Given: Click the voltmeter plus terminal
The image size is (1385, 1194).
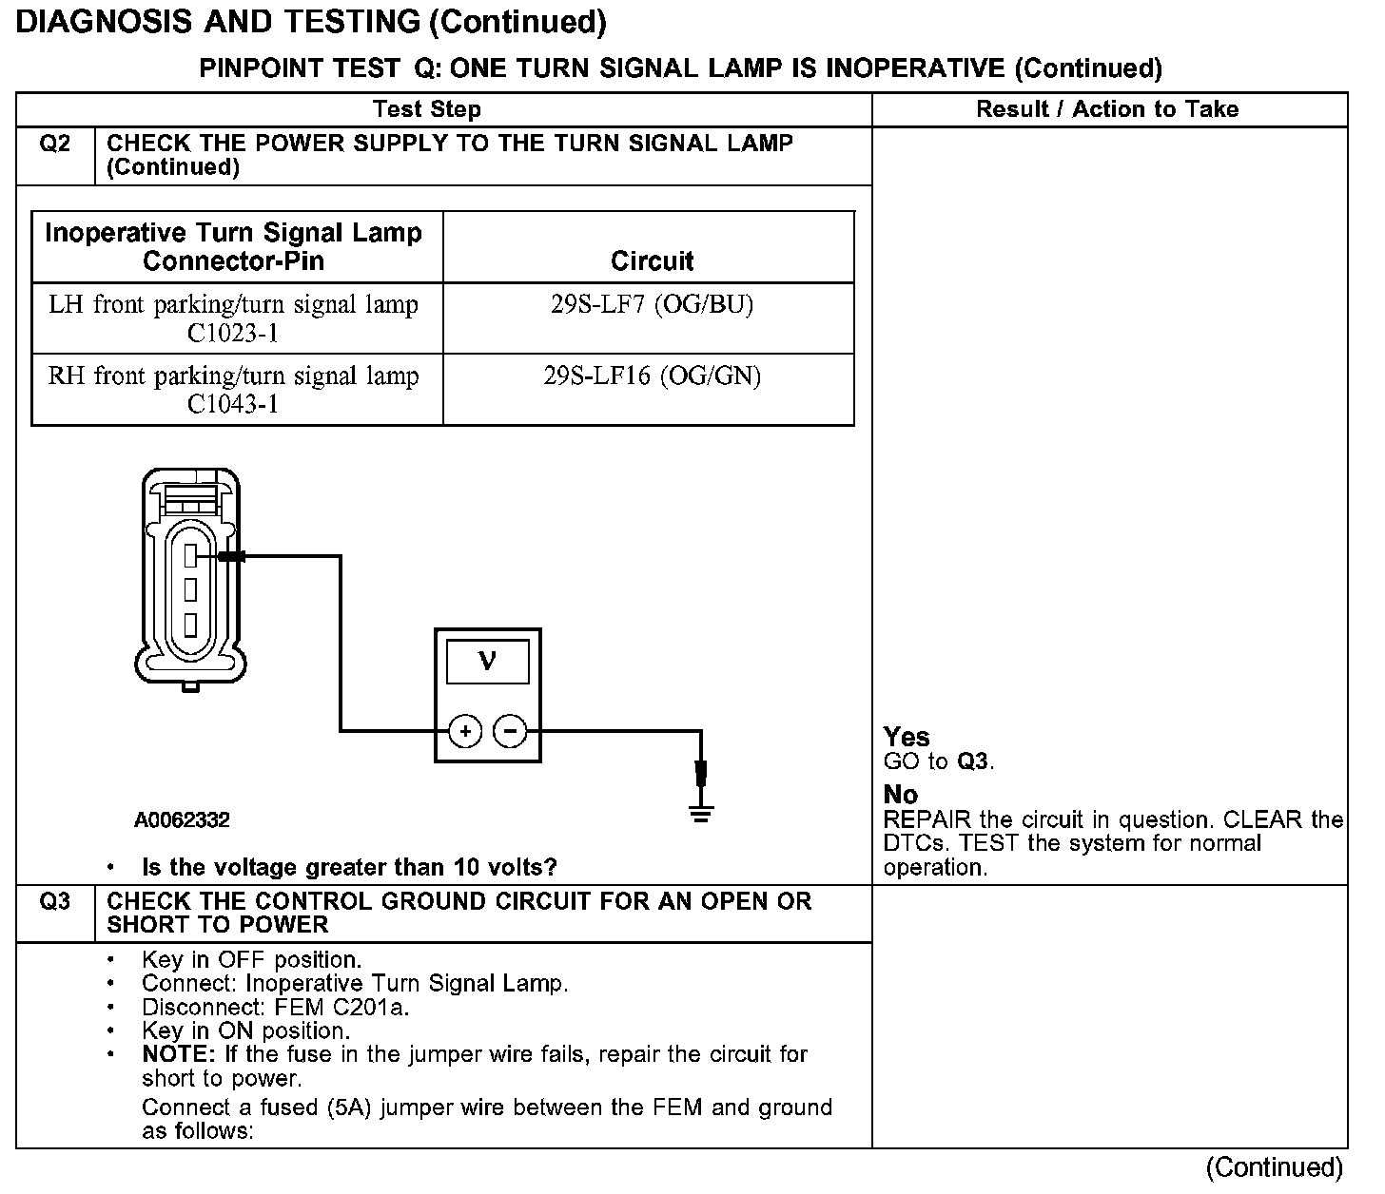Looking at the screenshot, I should click(x=465, y=731).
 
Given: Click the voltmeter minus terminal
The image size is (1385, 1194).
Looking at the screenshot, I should click(x=511, y=731).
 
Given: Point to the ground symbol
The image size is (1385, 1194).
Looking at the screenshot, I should click(x=701, y=813).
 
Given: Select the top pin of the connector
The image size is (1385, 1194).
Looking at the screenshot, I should click(x=190, y=555).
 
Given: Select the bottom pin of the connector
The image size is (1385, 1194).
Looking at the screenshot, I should click(x=190, y=625).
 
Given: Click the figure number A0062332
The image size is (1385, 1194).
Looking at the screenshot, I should click(x=182, y=819).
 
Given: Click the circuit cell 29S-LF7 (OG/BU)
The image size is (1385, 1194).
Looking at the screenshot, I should click(x=652, y=306).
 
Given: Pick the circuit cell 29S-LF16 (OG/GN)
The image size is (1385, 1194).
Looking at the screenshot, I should click(x=652, y=376).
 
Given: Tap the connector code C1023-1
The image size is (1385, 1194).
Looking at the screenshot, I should click(x=233, y=334).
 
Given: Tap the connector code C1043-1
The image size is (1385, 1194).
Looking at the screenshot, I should click(x=233, y=405).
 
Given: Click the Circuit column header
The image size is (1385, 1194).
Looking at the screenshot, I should click(x=652, y=260).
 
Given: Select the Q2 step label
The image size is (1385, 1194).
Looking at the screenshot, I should click(x=55, y=144).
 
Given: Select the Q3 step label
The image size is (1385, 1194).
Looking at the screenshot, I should click(x=55, y=901).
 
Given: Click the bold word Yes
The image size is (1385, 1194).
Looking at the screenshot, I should click(x=907, y=737).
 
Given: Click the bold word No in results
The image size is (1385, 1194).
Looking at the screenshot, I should click(x=900, y=794).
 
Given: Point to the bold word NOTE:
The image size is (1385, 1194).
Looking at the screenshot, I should click(x=178, y=1054).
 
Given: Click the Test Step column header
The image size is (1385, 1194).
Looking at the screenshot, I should click(x=427, y=109).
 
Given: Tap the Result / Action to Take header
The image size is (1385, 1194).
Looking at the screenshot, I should click(x=1107, y=109).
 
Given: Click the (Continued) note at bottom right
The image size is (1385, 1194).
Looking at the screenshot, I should click(x=1274, y=1167).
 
